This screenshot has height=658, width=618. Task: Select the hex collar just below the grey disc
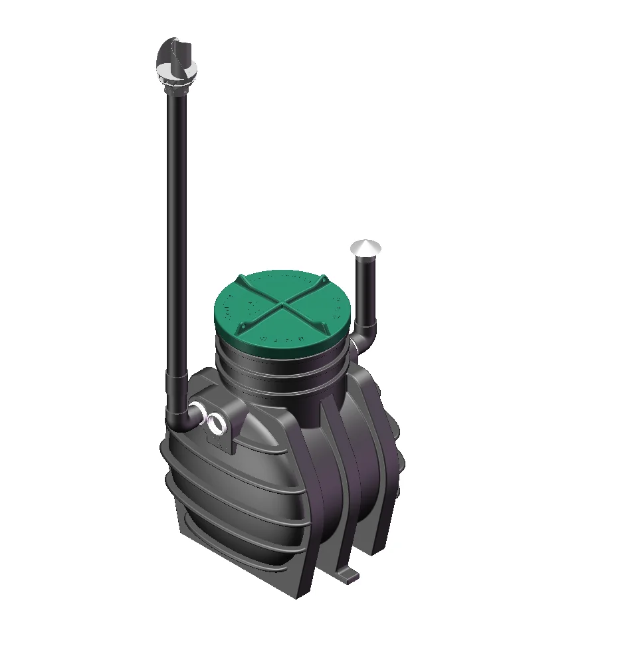coord(176,86)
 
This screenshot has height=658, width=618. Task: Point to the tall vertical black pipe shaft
coord(177,233)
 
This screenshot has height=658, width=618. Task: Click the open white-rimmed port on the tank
coord(217,421)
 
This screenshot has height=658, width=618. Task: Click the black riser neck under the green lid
coord(279,379)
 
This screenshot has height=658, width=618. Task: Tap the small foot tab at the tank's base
coord(349,573)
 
